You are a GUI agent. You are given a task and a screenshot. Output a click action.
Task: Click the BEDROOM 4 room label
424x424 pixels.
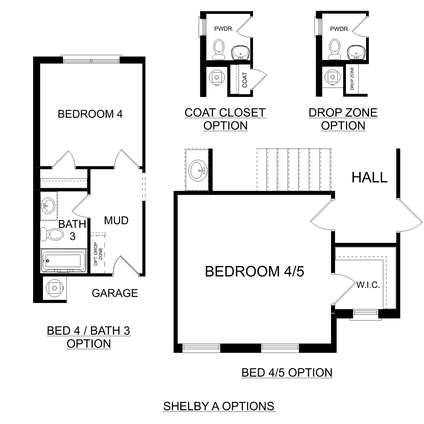coord(90,114)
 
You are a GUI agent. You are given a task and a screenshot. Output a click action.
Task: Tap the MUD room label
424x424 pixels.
coord(116,220)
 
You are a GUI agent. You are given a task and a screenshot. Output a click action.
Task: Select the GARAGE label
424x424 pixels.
coord(115,293)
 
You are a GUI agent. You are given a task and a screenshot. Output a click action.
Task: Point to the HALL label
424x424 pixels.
coord(369,178)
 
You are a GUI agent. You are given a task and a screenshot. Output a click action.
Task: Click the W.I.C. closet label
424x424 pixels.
coord(368,285)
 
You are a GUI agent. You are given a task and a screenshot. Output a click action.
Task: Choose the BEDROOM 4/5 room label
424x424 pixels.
coord(254,271)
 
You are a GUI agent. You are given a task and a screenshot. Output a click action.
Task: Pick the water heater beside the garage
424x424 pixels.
coord(55,288)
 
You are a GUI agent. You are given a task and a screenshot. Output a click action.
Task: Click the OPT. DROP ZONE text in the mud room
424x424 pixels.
coord(98,254)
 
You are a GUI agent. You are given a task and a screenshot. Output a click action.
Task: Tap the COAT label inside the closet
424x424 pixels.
coord(245,80)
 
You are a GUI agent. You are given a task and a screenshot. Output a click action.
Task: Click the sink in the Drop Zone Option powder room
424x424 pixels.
coord(356,53)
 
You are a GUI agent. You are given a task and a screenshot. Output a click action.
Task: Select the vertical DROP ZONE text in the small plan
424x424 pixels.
coord(352,79)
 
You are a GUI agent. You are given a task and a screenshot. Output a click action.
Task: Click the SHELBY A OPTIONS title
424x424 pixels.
coord(219,406)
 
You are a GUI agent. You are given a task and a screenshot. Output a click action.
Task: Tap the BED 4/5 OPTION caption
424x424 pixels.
coord(287,373)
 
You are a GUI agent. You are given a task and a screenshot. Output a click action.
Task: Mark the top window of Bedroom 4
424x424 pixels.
coord(91,60)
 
